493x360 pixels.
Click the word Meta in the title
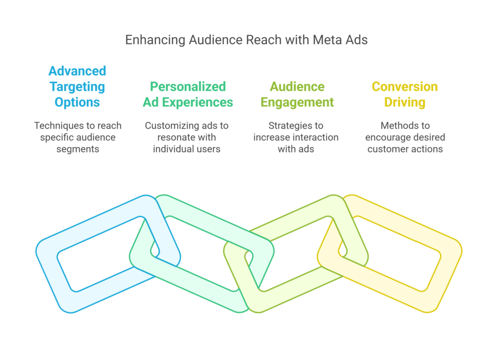[x=325, y=39]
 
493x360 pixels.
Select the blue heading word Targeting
[x=78, y=87]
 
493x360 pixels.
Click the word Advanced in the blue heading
[x=78, y=71]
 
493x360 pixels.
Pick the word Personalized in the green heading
[x=188, y=87]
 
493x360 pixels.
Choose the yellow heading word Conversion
[x=405, y=87]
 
